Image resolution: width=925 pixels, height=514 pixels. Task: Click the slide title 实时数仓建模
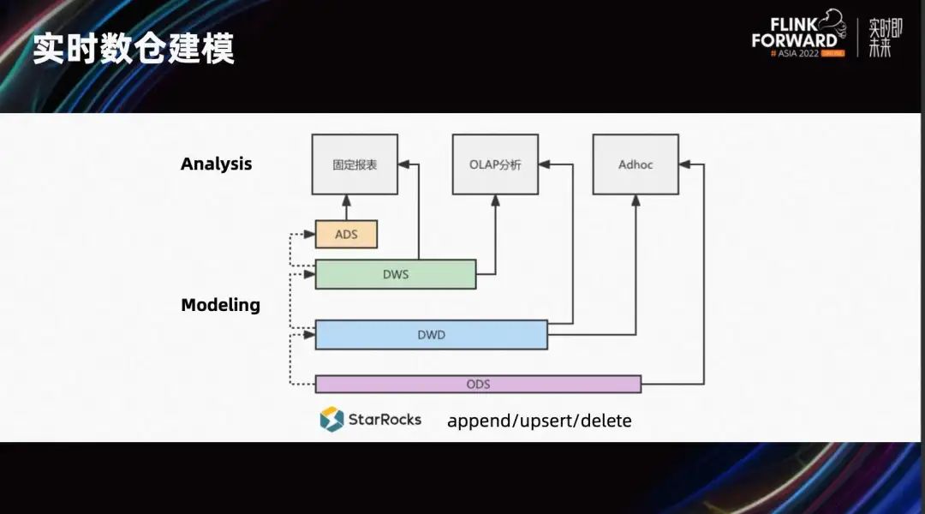tap(133, 50)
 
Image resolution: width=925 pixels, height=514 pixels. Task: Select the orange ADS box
tap(346, 234)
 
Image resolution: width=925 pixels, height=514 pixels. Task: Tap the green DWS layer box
tap(396, 274)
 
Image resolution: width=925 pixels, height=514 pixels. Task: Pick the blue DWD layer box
tap(431, 335)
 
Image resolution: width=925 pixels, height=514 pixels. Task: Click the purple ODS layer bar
tap(478, 384)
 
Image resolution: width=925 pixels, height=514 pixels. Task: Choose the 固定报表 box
tap(355, 164)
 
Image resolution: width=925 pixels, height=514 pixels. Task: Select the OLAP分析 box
tap(495, 164)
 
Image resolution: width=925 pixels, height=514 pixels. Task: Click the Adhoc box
tap(636, 164)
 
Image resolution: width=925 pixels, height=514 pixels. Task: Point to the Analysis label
tap(216, 164)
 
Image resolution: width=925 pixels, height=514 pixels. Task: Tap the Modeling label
tap(220, 304)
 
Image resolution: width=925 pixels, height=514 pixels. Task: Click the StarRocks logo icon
tap(331, 419)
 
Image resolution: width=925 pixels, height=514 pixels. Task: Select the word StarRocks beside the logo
tap(385, 419)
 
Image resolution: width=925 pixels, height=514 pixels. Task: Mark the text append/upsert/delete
tap(539, 421)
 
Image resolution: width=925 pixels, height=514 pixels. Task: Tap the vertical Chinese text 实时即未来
tap(880, 38)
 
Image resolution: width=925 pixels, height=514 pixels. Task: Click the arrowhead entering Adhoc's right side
tap(685, 164)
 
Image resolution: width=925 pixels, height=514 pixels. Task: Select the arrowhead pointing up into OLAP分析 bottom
tap(496, 200)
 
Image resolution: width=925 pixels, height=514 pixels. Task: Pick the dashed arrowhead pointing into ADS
tap(309, 234)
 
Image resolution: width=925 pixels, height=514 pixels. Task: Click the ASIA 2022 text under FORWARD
tap(797, 53)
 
